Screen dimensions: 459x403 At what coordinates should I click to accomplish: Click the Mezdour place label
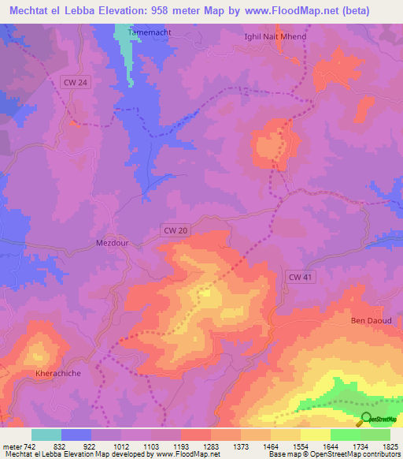(112, 243)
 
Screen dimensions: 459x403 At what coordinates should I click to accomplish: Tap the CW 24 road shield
(75, 81)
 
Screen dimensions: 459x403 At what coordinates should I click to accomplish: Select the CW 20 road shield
(176, 229)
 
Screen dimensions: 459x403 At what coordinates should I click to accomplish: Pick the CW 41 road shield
(300, 276)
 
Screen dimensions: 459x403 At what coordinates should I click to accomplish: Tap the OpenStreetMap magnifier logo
(367, 419)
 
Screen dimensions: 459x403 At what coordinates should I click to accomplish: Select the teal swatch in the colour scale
(46, 435)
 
